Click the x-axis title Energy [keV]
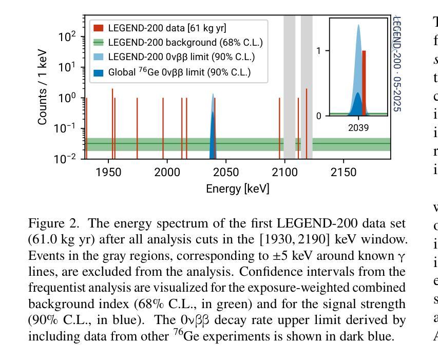[x=237, y=189]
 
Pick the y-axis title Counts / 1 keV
[x=43, y=87]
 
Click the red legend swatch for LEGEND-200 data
[x=98, y=28]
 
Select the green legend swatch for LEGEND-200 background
[x=98, y=43]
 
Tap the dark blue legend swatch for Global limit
[x=98, y=72]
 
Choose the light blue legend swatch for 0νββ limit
[x=98, y=58]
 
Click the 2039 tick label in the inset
[x=358, y=127]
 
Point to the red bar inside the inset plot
[x=364, y=82]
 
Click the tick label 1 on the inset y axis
[x=319, y=51]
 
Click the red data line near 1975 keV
[x=137, y=128]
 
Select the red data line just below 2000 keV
[x=163, y=128]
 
